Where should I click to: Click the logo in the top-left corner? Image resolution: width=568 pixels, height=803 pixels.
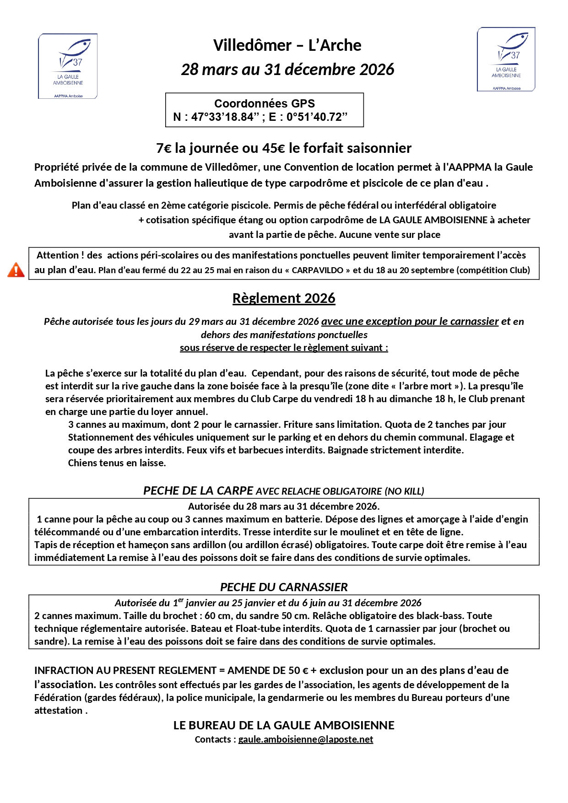pos(68,66)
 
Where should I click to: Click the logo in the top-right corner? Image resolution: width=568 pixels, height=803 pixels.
pos(506,59)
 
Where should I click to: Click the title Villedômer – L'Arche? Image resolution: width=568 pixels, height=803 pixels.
pos(287,45)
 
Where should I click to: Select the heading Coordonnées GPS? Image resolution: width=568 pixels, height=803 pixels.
pos(265,103)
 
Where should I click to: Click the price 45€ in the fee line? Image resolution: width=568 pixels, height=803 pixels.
pos(274,148)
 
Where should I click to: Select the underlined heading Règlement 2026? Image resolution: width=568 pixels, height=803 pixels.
pos(284,298)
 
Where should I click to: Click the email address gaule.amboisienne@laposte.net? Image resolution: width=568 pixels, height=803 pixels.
pos(306,739)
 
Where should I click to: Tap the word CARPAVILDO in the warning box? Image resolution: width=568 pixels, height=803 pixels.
pos(318,270)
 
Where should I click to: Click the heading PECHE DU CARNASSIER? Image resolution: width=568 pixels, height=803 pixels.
pos(284,587)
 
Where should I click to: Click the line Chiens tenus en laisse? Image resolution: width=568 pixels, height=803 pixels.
pos(117,463)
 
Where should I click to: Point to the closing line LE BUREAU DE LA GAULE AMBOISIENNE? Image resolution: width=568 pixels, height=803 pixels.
pos(284,725)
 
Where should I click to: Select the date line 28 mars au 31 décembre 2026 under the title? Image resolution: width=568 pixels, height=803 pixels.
pos(287,70)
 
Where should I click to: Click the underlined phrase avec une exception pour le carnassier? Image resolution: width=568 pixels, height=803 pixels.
pos(410,322)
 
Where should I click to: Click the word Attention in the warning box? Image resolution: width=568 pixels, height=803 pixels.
pos(58,255)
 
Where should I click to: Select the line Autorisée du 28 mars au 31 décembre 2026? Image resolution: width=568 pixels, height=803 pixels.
pos(284,507)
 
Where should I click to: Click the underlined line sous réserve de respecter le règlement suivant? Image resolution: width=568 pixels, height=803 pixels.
pos(284,348)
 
